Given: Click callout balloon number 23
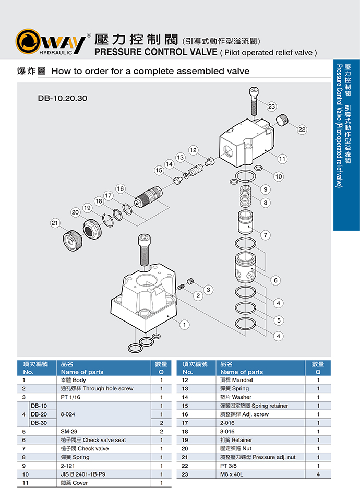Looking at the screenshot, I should tap(272, 106).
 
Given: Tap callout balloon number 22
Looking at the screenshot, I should tap(302, 129).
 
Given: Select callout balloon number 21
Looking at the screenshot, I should tap(55, 223).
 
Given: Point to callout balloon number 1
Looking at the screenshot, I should tap(184, 325).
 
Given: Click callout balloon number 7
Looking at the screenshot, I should tap(266, 235).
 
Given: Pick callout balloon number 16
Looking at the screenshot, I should tap(121, 188).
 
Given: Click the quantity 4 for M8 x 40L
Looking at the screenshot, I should tap(318, 474).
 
